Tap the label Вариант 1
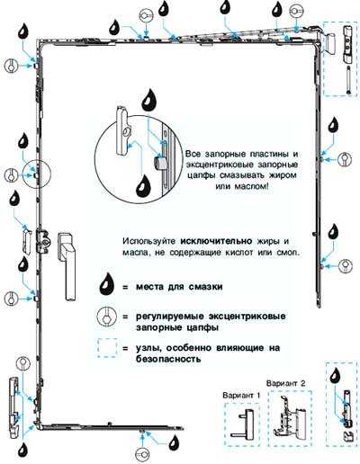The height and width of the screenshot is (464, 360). [241, 396]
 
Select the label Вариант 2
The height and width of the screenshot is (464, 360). [285, 383]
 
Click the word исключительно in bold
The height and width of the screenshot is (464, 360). [216, 241]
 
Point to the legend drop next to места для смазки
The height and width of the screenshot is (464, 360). [107, 287]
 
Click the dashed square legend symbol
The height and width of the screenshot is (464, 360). [107, 348]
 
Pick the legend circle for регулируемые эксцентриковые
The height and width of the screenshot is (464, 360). [107, 317]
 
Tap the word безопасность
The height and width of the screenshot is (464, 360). [168, 359]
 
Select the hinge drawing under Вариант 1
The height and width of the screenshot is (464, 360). [242, 424]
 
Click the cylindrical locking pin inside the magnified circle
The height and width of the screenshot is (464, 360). [160, 164]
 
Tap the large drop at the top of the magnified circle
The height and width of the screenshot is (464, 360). [149, 100]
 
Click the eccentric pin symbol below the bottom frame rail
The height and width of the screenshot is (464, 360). [142, 455]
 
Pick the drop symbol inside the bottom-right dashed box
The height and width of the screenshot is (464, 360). [335, 377]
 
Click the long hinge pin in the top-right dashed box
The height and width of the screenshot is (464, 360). [348, 80]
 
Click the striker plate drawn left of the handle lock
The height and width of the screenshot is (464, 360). [27, 241]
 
